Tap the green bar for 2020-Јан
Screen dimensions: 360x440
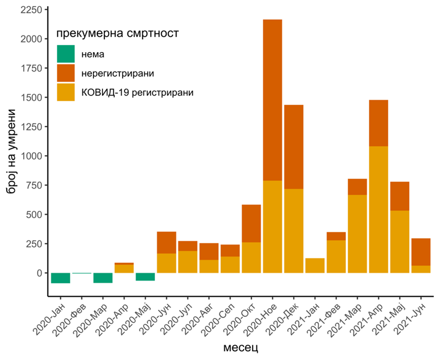pos(61,278)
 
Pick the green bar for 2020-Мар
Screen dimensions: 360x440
pos(103,278)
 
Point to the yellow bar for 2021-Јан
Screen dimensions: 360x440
pos(315,266)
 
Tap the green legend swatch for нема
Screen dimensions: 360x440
pos(66,54)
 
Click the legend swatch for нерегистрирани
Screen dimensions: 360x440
pos(66,73)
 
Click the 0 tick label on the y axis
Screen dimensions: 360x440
pos(38,273)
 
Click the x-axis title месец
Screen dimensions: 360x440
pos(240,347)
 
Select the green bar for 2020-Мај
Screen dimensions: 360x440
pos(145,277)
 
